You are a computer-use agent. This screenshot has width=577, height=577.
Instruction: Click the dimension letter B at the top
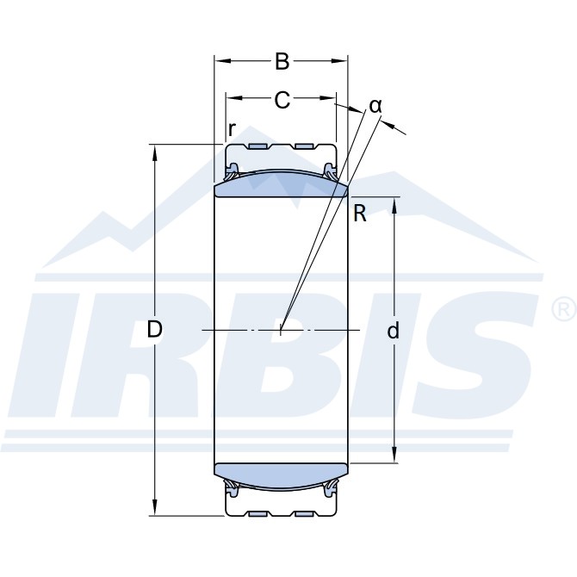282,61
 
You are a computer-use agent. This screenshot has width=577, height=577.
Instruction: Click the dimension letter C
282,100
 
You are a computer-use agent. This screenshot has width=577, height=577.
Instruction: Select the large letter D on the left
154,329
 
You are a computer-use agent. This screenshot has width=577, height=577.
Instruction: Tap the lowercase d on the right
394,330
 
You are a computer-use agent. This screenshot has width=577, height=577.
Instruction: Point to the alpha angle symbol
375,106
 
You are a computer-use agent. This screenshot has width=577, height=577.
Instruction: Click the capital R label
360,214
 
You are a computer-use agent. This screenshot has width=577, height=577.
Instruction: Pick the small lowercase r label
232,129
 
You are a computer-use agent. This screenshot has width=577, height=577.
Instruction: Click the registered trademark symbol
565,309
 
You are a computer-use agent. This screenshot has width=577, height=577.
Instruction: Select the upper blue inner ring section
281,184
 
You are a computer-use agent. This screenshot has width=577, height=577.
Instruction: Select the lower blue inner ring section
281,475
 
